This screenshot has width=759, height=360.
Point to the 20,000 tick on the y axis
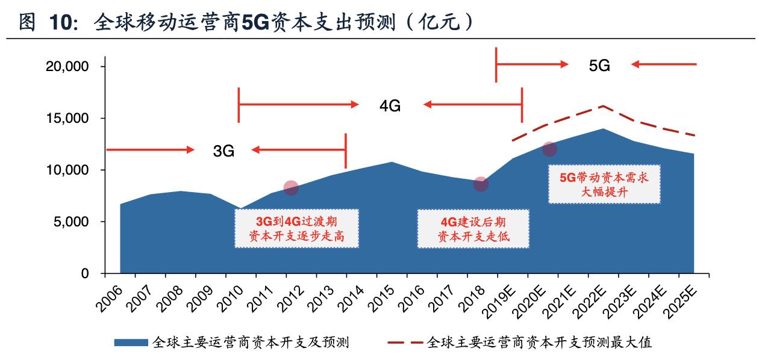pos(67,67)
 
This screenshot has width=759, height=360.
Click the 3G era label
pos(223,151)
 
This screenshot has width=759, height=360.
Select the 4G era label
pos(390,106)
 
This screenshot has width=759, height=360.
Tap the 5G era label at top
pos(599,66)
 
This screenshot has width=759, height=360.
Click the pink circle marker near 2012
pos(291,188)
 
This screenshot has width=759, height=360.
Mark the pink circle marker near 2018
pos(480,184)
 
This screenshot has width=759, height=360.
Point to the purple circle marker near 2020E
pos(549,149)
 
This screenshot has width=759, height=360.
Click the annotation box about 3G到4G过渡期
pos(296,228)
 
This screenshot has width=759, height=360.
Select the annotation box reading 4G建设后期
pos(473,228)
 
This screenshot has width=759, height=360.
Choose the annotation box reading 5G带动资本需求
pos(604,184)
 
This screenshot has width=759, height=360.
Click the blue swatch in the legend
pos(131,343)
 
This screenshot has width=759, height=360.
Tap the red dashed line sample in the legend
pos(404,343)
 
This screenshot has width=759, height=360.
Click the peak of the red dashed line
pos(603,106)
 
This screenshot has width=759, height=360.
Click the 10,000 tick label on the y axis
pos(67,170)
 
